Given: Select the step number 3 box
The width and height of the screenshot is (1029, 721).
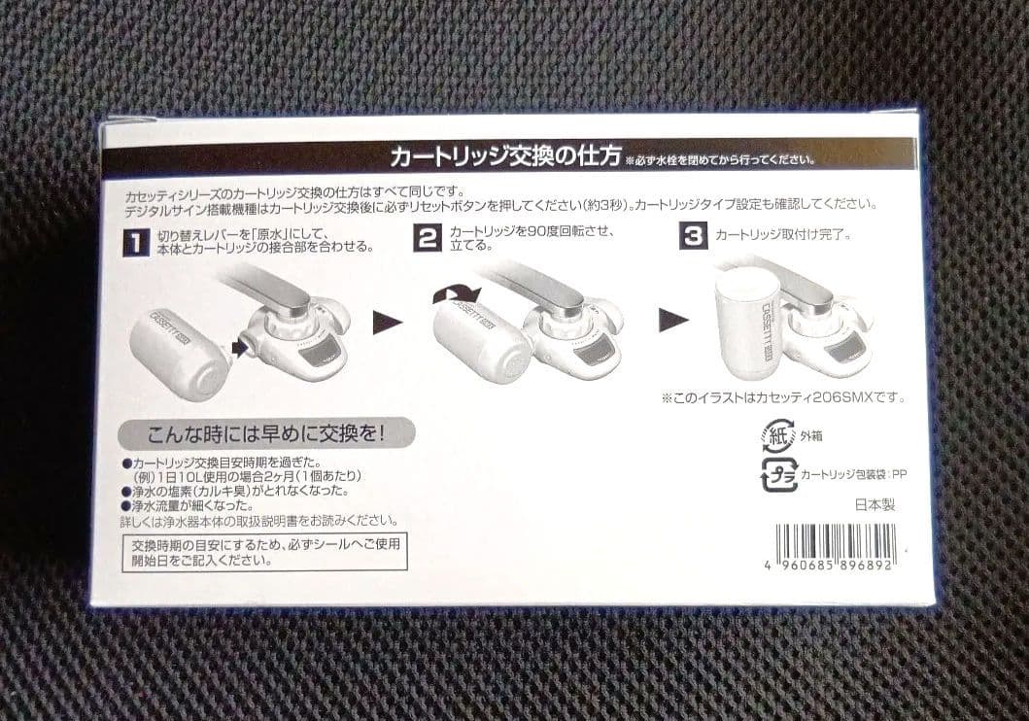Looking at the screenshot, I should (692, 237).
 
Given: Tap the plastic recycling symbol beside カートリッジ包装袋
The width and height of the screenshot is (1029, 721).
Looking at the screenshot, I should (779, 474).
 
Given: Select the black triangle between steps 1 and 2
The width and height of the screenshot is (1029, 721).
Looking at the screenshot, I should (386, 322).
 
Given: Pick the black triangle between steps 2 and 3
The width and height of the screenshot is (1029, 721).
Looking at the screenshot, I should (670, 319).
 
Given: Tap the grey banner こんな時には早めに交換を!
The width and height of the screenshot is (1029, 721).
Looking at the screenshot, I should (264, 431).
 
